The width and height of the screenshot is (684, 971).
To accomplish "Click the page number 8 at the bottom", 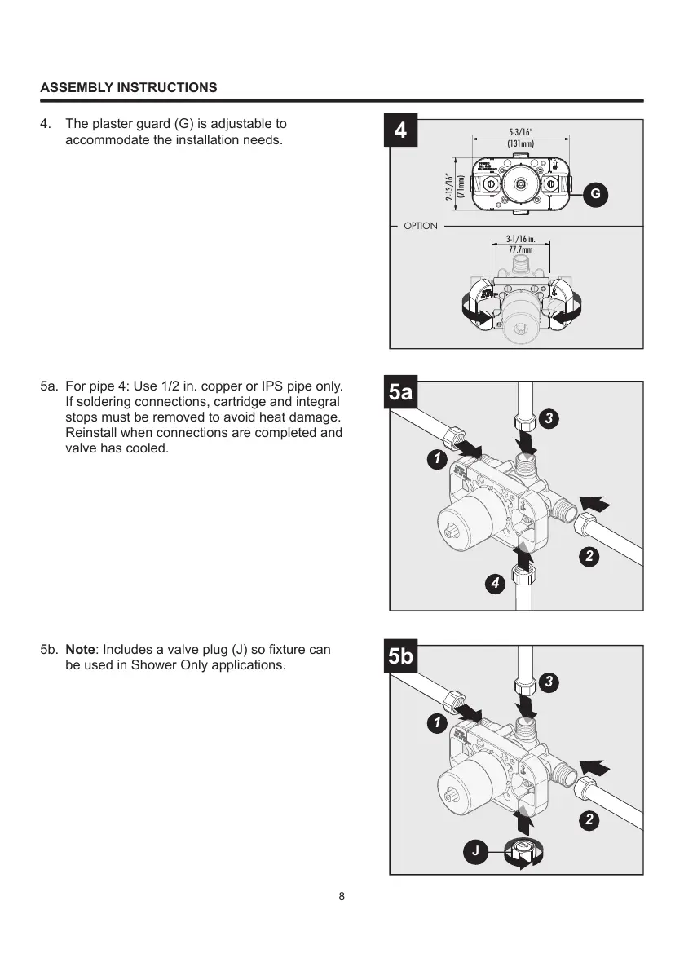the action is point(342,897).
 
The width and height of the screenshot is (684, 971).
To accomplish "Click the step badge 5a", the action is point(400,394).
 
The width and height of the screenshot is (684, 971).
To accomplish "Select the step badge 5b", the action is point(400,658).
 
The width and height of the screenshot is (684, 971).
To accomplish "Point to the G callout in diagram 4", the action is point(596,194).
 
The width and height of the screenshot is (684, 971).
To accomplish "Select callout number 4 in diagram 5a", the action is point(494,584).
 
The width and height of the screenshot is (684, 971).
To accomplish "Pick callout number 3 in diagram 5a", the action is point(550,418).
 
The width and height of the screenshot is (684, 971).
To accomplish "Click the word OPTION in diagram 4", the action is point(421,226).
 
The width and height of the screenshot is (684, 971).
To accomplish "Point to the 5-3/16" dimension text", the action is point(520,132).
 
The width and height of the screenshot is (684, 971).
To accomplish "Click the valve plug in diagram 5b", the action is point(519,852).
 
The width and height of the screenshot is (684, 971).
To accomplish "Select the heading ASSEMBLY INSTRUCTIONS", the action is point(129,87).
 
